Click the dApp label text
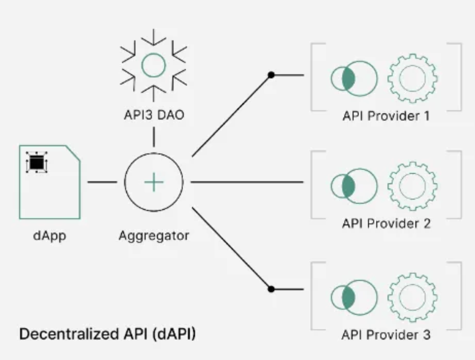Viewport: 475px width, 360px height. point(50,236)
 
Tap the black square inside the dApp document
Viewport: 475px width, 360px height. point(37,163)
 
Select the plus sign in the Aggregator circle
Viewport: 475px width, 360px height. point(153,183)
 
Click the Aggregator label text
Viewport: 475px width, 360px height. point(153,235)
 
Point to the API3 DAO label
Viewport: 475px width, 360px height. point(154,115)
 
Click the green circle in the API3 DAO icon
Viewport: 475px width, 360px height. point(153,65)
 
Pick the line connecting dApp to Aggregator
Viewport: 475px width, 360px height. point(102,182)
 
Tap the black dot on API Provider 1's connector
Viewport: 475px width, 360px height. point(271,75)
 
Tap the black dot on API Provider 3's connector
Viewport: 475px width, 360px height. point(271,289)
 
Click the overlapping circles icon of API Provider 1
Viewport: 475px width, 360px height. point(354,78)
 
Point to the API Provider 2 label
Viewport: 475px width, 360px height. point(386,223)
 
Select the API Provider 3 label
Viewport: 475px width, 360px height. point(386,335)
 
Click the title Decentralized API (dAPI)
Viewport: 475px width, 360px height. point(107,334)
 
